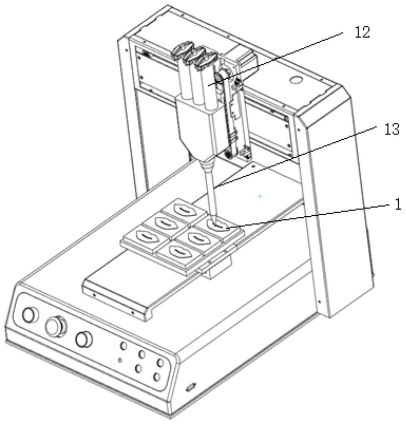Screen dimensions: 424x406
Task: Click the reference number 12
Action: [x=362, y=32]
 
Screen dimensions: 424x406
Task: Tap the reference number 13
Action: [x=392, y=130]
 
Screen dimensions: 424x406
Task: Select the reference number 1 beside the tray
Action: [x=398, y=205]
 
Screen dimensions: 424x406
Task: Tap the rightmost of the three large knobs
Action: [x=83, y=339]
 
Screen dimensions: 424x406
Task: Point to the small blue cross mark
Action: [x=260, y=196]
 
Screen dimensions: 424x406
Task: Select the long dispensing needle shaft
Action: [x=210, y=192]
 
